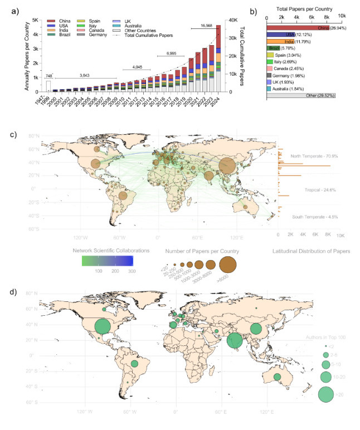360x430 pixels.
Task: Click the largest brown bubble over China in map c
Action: click(227, 165)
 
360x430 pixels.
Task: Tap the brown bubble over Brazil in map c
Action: click(123, 196)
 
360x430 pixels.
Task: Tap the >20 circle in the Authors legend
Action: click(325, 394)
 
